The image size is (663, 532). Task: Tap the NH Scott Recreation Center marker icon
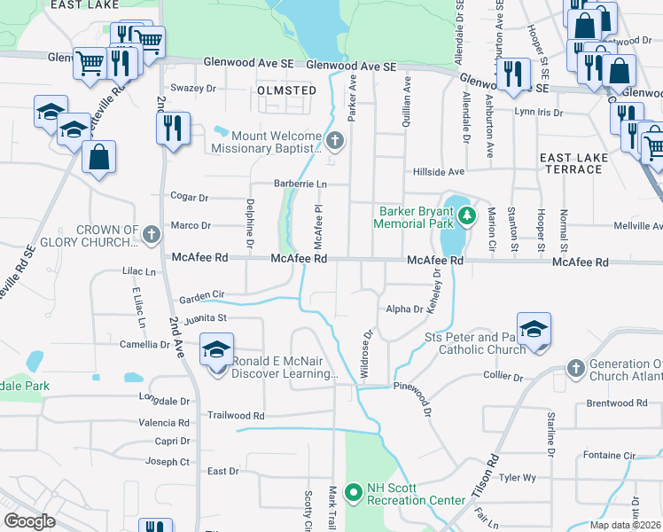(353, 491)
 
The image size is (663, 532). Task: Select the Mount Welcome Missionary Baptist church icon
(334, 140)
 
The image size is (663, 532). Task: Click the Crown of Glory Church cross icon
(152, 235)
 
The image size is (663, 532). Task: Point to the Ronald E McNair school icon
(215, 349)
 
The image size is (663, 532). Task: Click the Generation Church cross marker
(575, 367)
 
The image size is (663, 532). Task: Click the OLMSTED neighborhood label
(286, 90)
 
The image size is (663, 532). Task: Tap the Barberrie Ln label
(300, 184)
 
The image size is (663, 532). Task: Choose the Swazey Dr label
(193, 88)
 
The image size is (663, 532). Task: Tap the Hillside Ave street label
(438, 171)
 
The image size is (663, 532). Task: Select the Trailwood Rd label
(236, 415)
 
